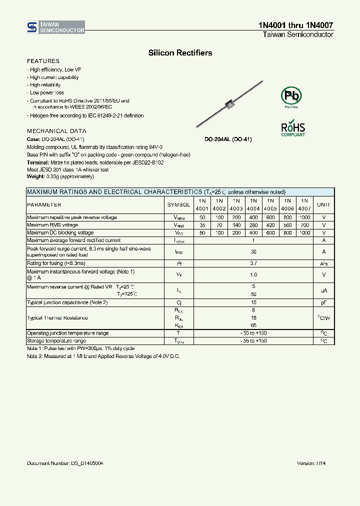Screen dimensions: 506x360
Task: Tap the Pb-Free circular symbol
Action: (291, 95)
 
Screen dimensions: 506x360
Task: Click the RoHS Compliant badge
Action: (293, 128)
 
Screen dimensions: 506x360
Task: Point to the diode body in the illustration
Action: (230, 104)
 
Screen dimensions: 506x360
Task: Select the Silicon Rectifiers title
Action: (180, 52)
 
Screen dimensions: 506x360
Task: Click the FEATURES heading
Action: (43, 61)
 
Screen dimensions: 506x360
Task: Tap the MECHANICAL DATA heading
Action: (53, 131)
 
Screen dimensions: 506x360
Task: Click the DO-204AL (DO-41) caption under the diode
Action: (228, 139)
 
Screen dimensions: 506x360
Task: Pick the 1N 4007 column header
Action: (304, 204)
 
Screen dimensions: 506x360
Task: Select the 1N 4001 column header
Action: (202, 204)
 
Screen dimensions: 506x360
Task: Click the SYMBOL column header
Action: (178, 204)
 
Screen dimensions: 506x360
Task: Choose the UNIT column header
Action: (324, 204)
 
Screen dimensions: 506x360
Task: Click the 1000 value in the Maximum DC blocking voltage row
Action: (304, 233)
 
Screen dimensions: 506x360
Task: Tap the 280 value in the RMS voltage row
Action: (253, 225)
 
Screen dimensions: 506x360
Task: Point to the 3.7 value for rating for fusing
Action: (253, 263)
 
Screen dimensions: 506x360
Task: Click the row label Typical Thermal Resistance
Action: (57, 318)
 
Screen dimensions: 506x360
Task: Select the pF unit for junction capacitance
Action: (324, 302)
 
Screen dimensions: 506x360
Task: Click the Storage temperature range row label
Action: (56, 340)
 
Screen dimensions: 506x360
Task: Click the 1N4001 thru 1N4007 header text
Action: (296, 25)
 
